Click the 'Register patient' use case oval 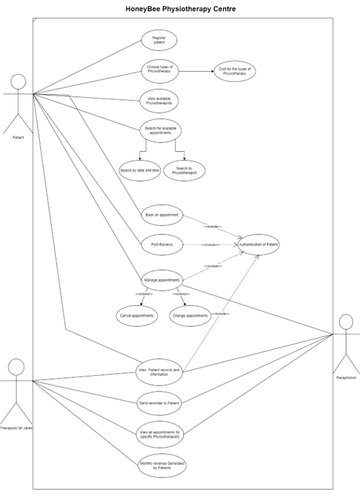pos(159,40)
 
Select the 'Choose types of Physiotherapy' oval pos(159,69)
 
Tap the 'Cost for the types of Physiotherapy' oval pos(234,71)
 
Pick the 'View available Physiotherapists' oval pos(159,100)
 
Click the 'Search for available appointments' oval pos(159,129)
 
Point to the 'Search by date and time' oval pos(139,170)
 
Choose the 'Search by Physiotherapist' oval pos(184,170)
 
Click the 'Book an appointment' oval pos(161,215)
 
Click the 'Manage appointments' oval pos(161,280)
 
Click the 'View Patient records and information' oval pos(159,372)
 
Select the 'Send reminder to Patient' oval pos(159,402)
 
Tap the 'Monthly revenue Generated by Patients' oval pos(159,464)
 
